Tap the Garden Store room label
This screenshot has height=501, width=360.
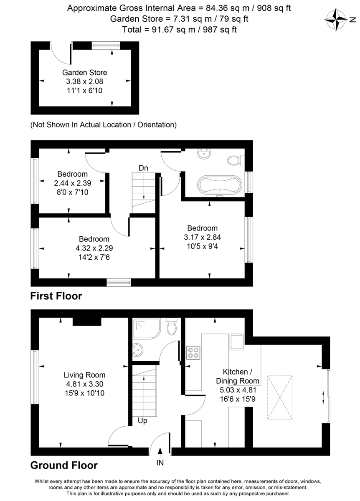pos(85,72)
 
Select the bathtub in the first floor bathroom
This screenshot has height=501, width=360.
pos(219,186)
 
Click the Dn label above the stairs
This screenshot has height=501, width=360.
pos(143,168)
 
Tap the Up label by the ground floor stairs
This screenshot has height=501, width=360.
pos(142,421)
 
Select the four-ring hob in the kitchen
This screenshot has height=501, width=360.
pos(193,352)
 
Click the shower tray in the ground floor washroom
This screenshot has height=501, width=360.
pos(146,329)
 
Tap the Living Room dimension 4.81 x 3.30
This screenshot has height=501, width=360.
pos(84,384)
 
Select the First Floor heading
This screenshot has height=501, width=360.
pos(56,296)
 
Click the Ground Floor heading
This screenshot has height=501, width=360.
pos(64,465)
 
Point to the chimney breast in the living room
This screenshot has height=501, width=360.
pos(87,321)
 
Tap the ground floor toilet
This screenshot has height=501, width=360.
pos(172,328)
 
